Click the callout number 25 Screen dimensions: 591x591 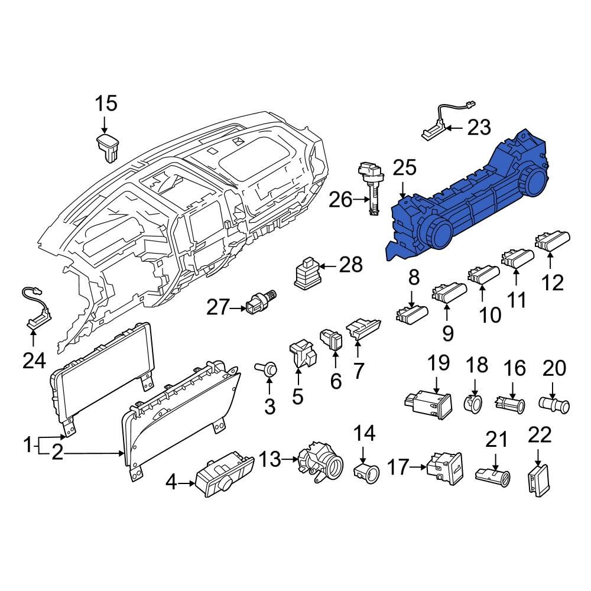click(405, 168)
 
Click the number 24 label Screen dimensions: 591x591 click(34, 360)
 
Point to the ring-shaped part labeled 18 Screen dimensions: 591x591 click(473, 404)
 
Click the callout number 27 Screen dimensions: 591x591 click(217, 307)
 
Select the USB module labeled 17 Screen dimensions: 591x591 click(444, 466)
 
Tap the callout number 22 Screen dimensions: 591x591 click(539, 436)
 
